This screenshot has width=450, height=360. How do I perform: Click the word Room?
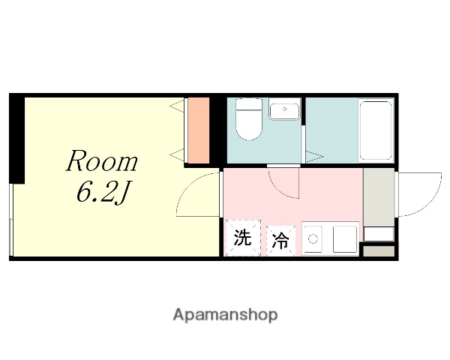point(102,160)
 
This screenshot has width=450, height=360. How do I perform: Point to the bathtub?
point(376,132)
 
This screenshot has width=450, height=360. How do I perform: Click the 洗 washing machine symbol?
point(241,239)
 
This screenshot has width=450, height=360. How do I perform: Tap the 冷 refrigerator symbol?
point(280,241)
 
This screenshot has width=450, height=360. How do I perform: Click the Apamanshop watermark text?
point(225,314)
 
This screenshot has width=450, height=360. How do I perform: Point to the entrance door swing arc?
point(420,193)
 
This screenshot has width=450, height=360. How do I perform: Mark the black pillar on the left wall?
point(16,139)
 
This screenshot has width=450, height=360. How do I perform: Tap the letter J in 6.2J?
point(123,193)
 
